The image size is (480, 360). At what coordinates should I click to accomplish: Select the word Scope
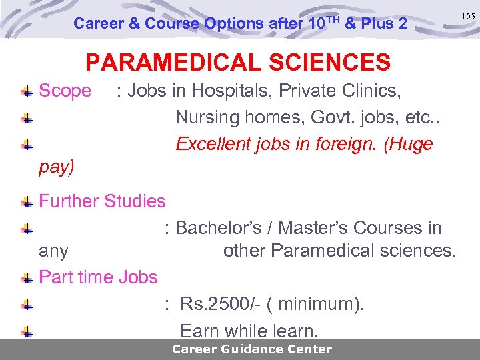click(x=65, y=91)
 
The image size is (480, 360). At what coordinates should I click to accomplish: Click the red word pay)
click(x=57, y=167)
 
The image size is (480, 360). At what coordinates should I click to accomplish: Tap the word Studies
click(x=135, y=201)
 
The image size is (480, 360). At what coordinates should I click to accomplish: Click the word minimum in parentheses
click(x=320, y=305)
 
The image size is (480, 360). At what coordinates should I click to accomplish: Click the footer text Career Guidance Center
click(x=251, y=349)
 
